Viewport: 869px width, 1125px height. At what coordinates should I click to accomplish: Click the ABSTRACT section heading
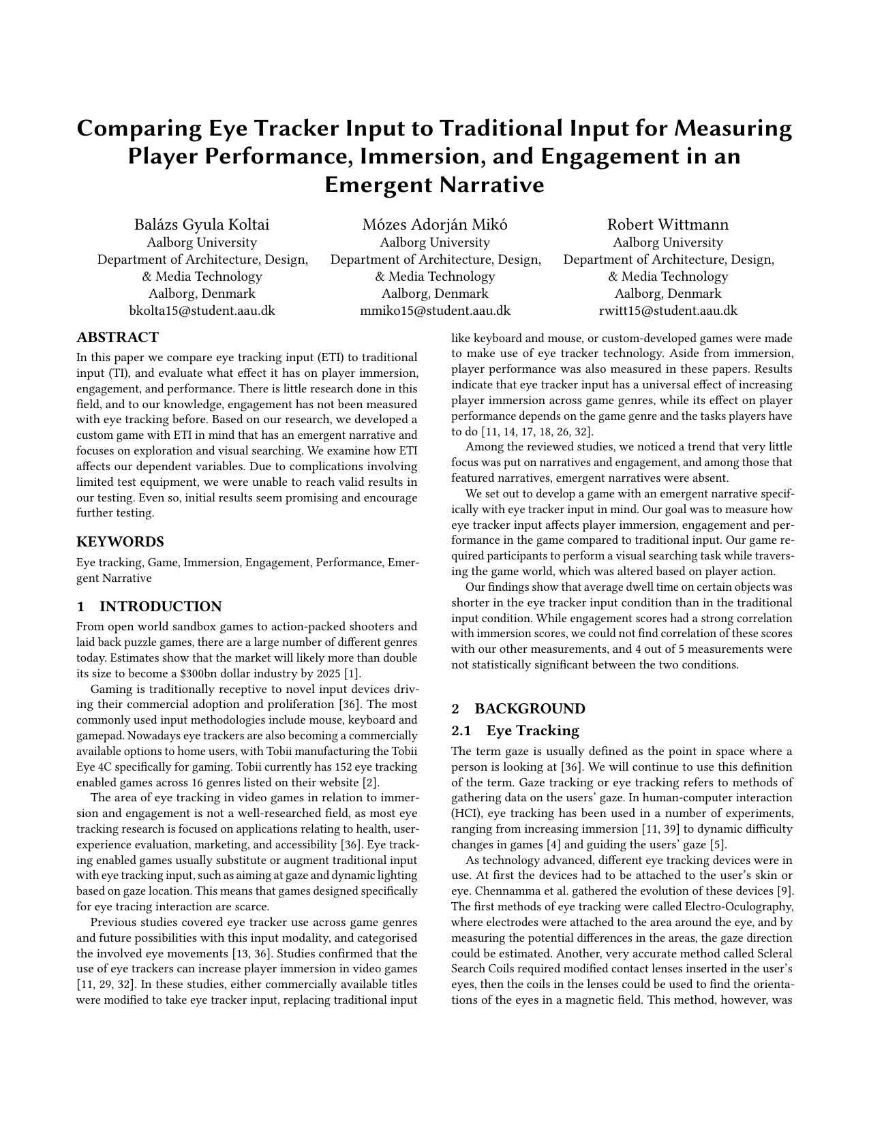click(117, 337)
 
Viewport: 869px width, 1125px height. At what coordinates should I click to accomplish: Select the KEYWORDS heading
click(120, 542)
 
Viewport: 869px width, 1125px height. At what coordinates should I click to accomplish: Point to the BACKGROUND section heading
click(530, 709)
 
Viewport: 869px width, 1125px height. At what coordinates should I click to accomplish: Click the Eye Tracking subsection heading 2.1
click(532, 730)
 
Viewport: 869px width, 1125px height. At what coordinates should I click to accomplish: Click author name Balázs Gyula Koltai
click(202, 225)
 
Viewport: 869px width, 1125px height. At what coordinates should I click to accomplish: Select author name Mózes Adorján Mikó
click(435, 225)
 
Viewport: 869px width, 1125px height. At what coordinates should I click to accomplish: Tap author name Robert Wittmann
click(668, 225)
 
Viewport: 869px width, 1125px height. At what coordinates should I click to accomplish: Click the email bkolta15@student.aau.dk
click(202, 311)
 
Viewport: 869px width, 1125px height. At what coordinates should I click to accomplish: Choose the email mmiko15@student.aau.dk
click(435, 311)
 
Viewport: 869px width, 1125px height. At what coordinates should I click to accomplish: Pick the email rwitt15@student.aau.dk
click(668, 311)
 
